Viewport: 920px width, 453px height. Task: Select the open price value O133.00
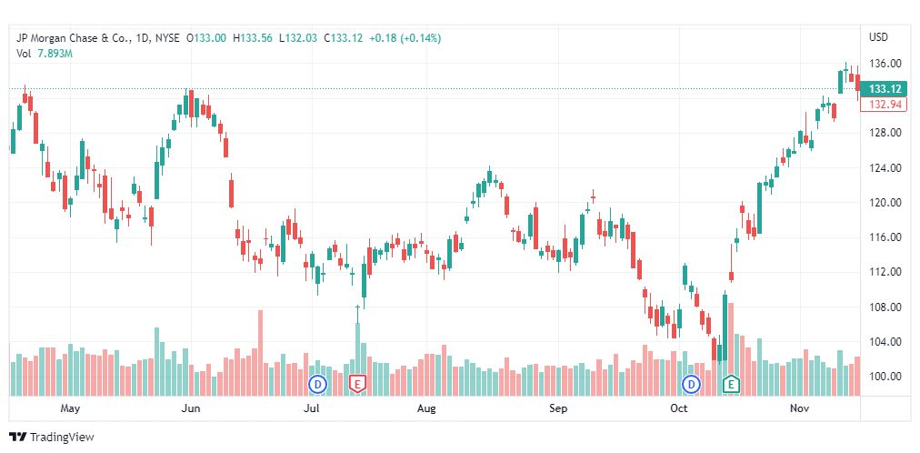pyautogui.click(x=207, y=38)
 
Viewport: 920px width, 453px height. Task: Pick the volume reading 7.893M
pyautogui.click(x=55, y=54)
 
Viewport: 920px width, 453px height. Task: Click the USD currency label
pyautogui.click(x=878, y=37)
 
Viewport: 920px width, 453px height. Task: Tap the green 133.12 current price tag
pyautogui.click(x=885, y=89)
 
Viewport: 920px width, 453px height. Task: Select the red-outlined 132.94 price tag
pyautogui.click(x=885, y=106)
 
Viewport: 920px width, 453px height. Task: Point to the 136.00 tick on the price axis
pyautogui.click(x=885, y=64)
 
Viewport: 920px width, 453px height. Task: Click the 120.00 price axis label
pyautogui.click(x=885, y=203)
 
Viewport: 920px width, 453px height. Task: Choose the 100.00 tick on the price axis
pyautogui.click(x=885, y=377)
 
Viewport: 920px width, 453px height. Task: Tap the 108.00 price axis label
pyautogui.click(x=885, y=307)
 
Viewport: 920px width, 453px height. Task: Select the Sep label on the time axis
pyautogui.click(x=558, y=409)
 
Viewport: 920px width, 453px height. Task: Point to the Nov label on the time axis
pyautogui.click(x=799, y=409)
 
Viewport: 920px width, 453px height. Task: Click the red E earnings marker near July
pyautogui.click(x=357, y=385)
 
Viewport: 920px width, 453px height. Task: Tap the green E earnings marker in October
pyautogui.click(x=730, y=385)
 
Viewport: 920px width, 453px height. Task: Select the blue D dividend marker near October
pyautogui.click(x=692, y=385)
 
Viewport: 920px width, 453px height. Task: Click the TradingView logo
pyautogui.click(x=52, y=438)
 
